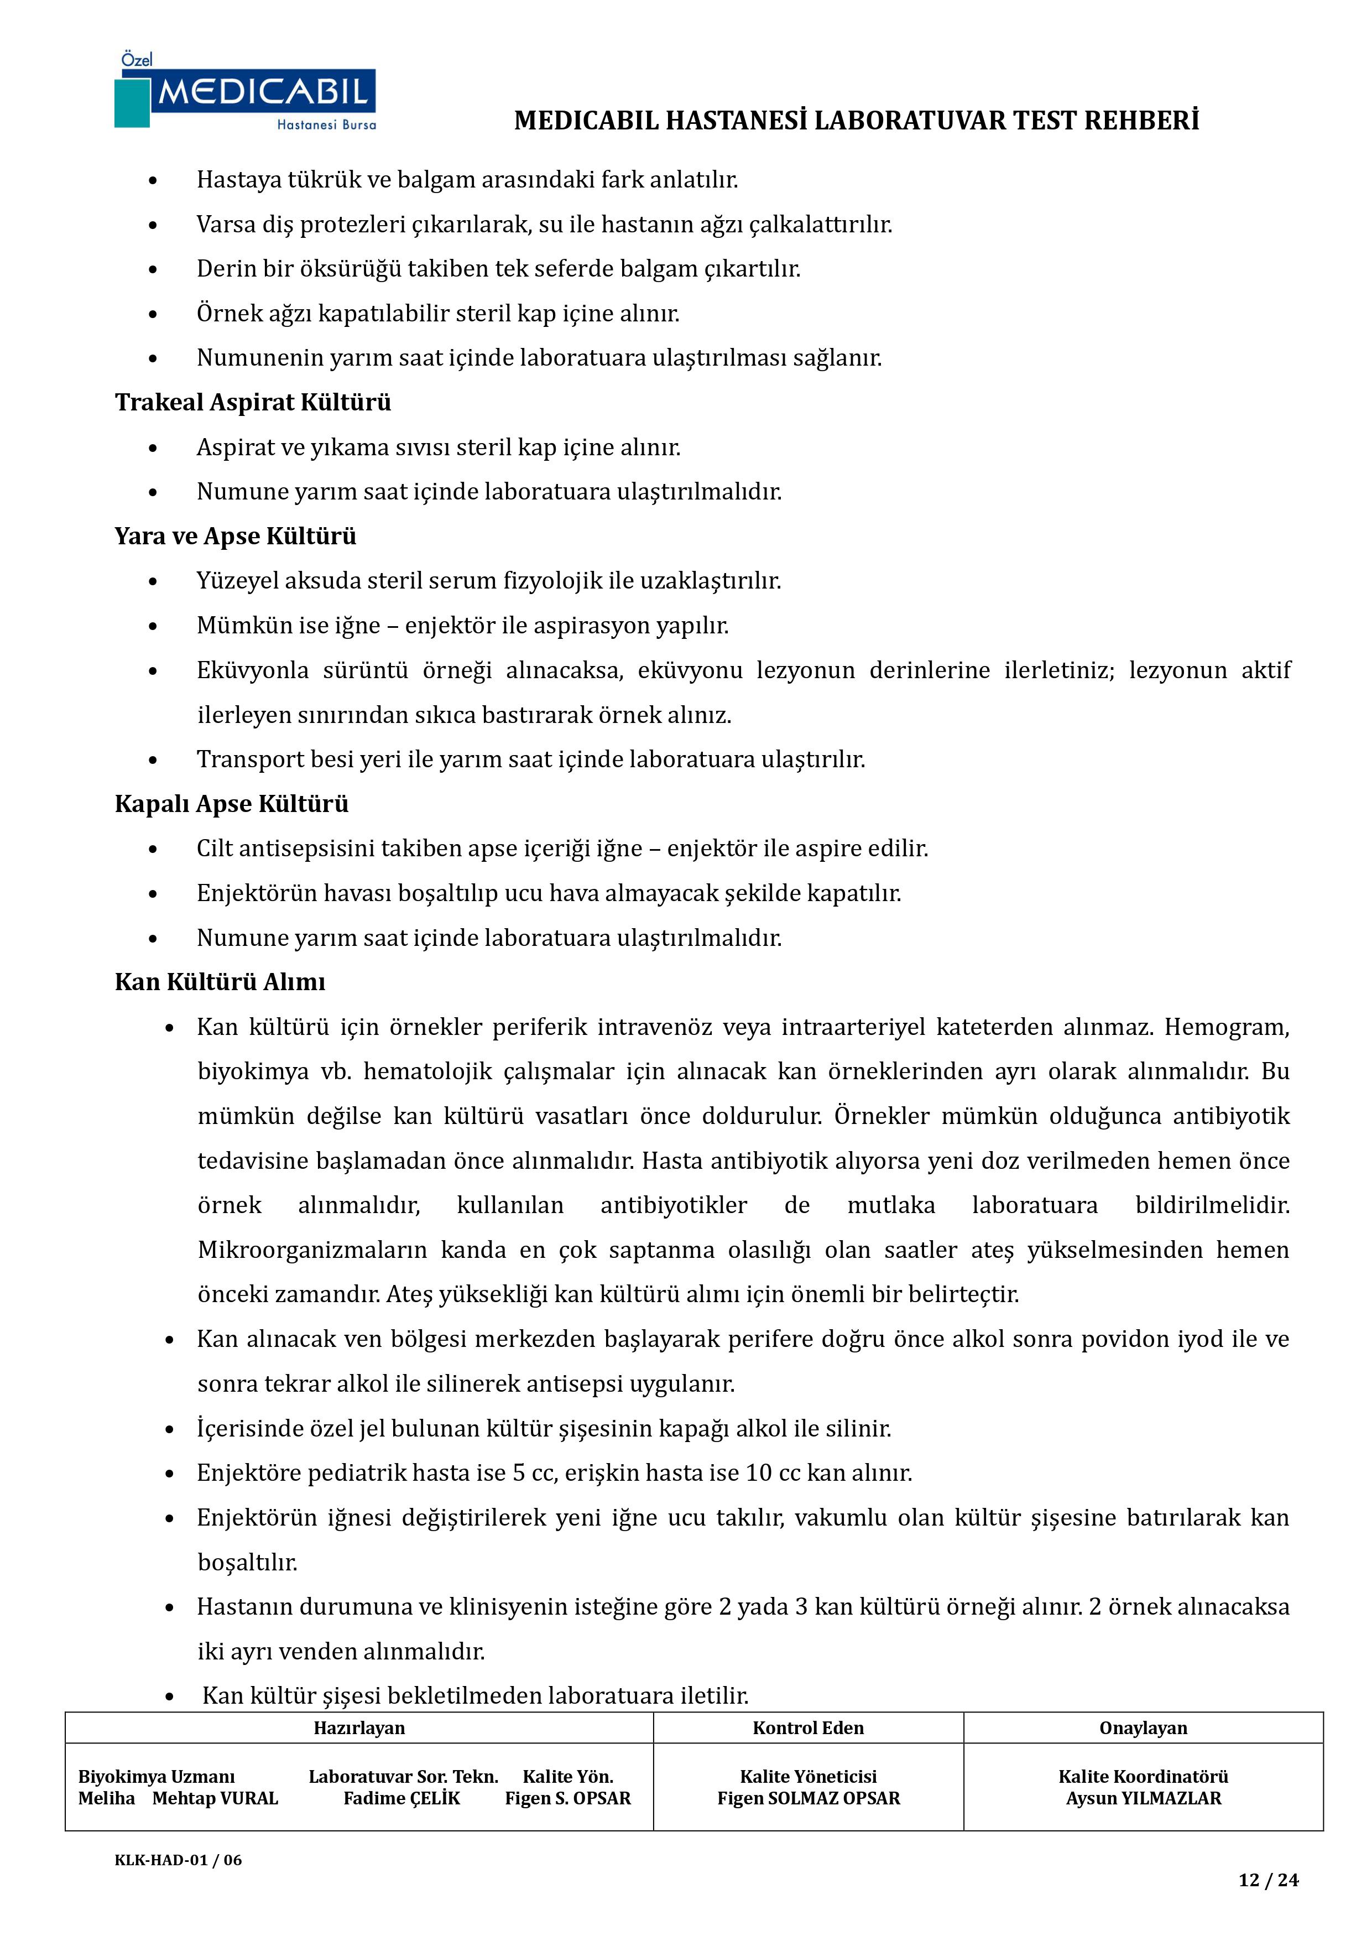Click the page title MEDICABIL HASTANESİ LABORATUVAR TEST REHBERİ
tap(857, 121)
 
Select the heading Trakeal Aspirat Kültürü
tap(253, 402)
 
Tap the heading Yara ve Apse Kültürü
tap(235, 536)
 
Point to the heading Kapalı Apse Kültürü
tap(232, 803)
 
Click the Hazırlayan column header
tap(359, 1728)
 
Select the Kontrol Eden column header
tap(808, 1728)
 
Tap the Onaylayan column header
tap(1143, 1728)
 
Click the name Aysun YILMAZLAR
tap(1143, 1798)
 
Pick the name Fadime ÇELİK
tap(401, 1798)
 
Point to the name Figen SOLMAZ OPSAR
tap(808, 1798)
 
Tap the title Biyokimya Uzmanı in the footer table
tap(156, 1776)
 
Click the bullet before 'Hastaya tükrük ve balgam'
tap(153, 181)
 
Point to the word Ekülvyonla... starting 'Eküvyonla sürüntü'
tap(252, 670)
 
